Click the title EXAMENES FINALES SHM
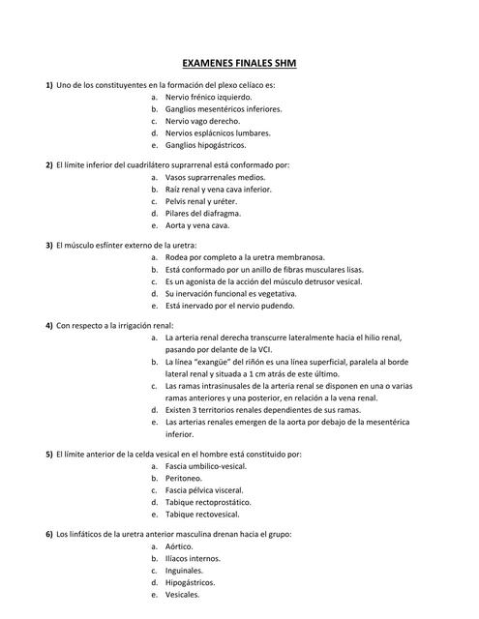tap(239, 64)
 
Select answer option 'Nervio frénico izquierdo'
tap(208, 98)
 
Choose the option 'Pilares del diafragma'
tap(203, 213)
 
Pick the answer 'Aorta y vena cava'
tap(197, 224)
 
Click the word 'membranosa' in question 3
tap(318, 257)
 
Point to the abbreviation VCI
tap(254, 348)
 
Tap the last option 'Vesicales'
tap(183, 594)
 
